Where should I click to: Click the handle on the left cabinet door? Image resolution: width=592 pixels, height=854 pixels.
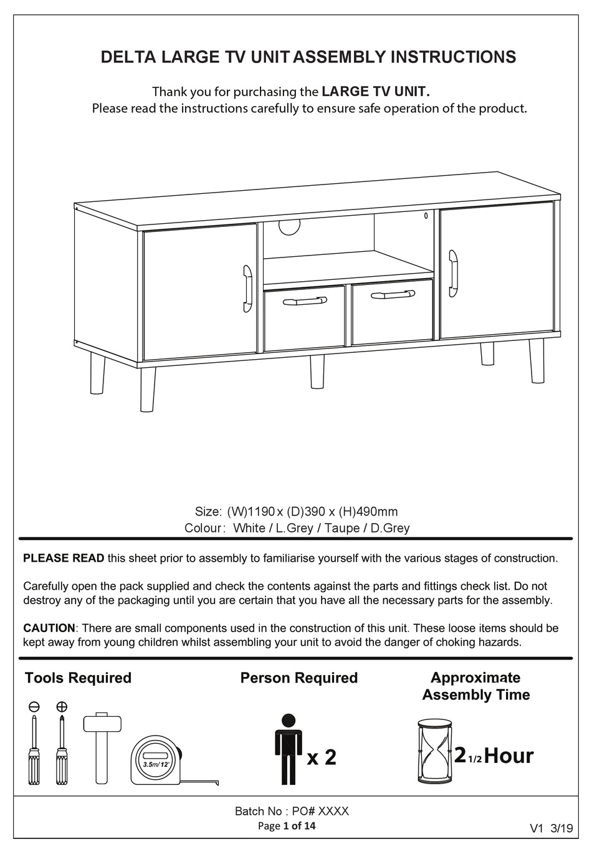pos(247,288)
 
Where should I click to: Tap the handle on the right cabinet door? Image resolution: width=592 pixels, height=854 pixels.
pos(453,273)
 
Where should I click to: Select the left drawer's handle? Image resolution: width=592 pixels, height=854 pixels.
pos(304,302)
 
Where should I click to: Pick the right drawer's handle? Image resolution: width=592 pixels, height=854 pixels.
pos(392,294)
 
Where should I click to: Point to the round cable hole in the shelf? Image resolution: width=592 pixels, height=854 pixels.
pos(289,227)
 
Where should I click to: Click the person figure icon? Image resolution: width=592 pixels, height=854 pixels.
pos(287,749)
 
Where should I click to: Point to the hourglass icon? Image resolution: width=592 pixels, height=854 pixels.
pos(434,751)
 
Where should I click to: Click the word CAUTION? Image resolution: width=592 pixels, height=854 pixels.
pos(49,628)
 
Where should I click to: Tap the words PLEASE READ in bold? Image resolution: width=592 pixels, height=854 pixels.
pos(64,559)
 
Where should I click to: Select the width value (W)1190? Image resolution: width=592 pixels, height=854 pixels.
pos(251,512)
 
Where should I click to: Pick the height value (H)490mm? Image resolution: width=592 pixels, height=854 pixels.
pos(368,512)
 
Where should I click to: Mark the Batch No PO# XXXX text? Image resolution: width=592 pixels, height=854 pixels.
pos(292,811)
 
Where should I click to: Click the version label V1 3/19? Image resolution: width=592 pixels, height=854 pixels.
pos(551,828)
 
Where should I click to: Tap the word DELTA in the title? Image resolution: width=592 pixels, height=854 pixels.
pos(128,57)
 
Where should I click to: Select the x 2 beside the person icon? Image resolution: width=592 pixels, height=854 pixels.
pos(322,757)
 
